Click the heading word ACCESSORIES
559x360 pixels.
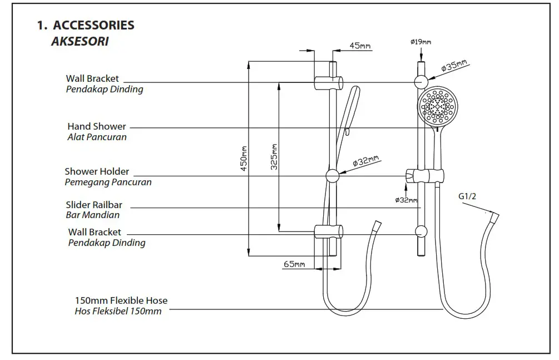(93, 26)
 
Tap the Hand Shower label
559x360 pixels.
(96, 127)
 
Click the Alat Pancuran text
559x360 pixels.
(97, 137)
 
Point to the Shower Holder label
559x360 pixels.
(97, 172)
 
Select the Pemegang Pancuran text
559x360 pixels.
(108, 182)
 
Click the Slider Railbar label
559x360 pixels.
(93, 205)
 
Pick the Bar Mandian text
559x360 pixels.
(92, 215)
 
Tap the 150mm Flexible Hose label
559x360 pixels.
(121, 301)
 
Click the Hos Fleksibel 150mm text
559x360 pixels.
(118, 311)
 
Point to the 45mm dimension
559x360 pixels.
(360, 46)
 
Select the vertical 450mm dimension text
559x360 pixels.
(243, 159)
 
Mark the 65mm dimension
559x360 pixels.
(294, 265)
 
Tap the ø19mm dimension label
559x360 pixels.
(421, 42)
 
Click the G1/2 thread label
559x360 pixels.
(467, 196)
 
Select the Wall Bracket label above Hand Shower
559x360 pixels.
(92, 79)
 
